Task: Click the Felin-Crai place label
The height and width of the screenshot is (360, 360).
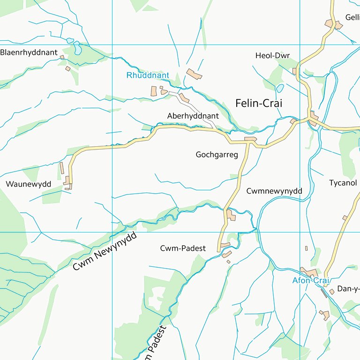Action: click(x=259, y=103)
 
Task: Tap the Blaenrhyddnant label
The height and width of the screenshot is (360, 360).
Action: click(x=29, y=52)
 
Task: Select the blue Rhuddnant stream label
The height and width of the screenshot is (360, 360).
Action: click(x=148, y=75)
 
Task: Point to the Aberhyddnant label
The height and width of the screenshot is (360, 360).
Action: click(x=193, y=115)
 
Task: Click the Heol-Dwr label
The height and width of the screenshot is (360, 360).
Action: click(x=272, y=56)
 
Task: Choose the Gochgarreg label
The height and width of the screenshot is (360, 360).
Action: click(x=217, y=154)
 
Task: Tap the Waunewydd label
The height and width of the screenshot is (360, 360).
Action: click(x=28, y=184)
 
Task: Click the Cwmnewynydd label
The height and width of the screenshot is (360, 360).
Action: click(x=274, y=191)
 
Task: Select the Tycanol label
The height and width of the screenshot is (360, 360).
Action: click(x=343, y=183)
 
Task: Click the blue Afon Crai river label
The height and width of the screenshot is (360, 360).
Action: click(x=309, y=281)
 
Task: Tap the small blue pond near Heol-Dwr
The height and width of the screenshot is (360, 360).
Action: click(x=280, y=88)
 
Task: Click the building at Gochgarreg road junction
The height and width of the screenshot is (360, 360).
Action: click(x=250, y=139)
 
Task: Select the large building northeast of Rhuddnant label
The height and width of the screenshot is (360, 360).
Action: click(x=194, y=74)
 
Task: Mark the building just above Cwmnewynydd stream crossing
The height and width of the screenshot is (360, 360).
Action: click(x=231, y=215)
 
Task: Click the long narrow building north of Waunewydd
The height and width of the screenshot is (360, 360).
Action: click(x=61, y=168)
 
